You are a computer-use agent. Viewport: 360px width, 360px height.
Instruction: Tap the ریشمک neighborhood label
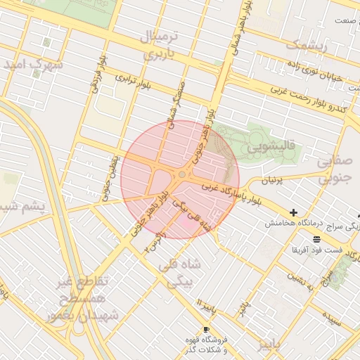(307, 46)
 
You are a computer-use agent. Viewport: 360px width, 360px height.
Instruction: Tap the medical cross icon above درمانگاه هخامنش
(293, 212)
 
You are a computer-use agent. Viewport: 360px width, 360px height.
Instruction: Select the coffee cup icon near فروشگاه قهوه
(206, 329)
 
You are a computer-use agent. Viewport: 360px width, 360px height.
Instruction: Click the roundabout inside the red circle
(182, 174)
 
